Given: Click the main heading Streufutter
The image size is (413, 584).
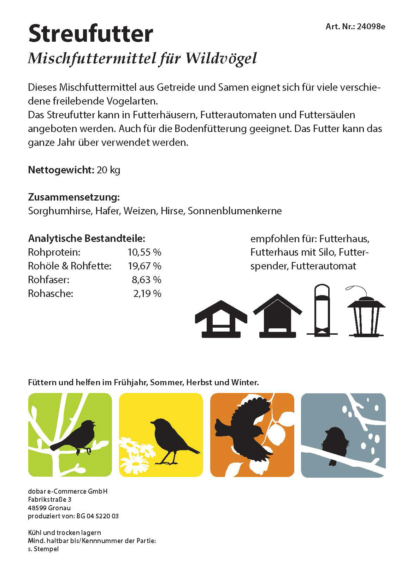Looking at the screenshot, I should tap(90, 34).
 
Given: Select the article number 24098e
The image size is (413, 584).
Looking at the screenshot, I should tap(371, 26).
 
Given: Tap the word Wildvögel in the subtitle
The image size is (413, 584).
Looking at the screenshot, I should tap(221, 59).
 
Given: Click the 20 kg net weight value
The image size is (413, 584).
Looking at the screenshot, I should tap(108, 170).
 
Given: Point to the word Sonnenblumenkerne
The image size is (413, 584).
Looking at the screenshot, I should tap(235, 211).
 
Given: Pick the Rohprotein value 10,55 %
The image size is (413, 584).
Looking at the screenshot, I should tap(144, 252).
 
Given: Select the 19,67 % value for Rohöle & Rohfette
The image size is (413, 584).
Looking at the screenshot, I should tap(144, 266).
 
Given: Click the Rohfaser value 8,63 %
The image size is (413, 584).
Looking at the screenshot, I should tap(146, 280).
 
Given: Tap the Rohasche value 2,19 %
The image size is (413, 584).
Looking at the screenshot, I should tap(147, 294).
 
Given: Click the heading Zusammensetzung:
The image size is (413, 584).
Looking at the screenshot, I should tap(74, 197).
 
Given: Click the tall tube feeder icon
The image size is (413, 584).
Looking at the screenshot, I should tap(322, 311).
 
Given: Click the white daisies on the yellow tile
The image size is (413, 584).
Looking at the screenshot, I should tap(136, 455).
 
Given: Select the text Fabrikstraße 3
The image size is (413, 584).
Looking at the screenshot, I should tap(50, 500).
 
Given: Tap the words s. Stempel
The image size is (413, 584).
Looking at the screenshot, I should tap(43, 549).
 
